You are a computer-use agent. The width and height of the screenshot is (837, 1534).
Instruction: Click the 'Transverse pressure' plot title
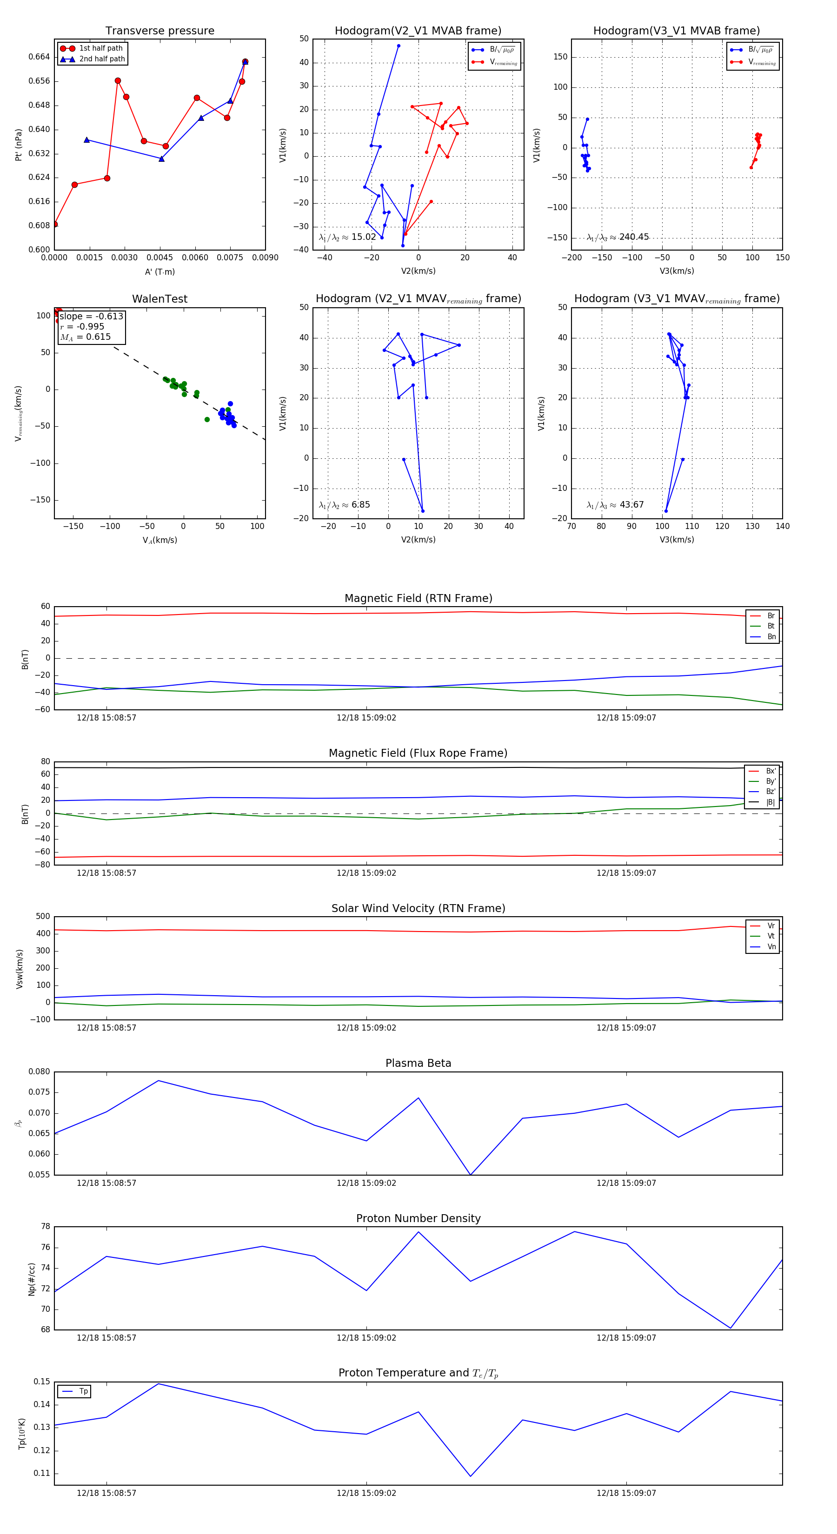coord(159,31)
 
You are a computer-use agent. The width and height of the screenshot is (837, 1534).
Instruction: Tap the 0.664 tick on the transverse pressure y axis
coord(40,57)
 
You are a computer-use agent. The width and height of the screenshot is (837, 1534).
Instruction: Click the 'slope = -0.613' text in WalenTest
coord(91,316)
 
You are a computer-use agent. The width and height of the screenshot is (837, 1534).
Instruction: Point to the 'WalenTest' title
coord(159,299)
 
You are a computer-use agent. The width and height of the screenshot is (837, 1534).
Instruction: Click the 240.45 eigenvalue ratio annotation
coord(618,237)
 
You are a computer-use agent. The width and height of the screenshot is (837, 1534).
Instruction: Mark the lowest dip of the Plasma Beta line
coord(471,1174)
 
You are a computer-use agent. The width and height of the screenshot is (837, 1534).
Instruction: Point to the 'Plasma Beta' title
coord(418,1064)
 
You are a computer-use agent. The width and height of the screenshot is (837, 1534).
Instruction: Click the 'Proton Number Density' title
coord(418,1218)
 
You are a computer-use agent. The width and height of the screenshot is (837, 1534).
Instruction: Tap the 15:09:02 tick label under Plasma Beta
coord(366,1183)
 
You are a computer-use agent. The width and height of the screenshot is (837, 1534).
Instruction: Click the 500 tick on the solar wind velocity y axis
coord(43,917)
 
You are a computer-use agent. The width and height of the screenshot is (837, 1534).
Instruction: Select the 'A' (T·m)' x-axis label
coord(159,272)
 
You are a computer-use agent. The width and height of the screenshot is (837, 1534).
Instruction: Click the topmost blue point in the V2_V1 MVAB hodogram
coord(399,46)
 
